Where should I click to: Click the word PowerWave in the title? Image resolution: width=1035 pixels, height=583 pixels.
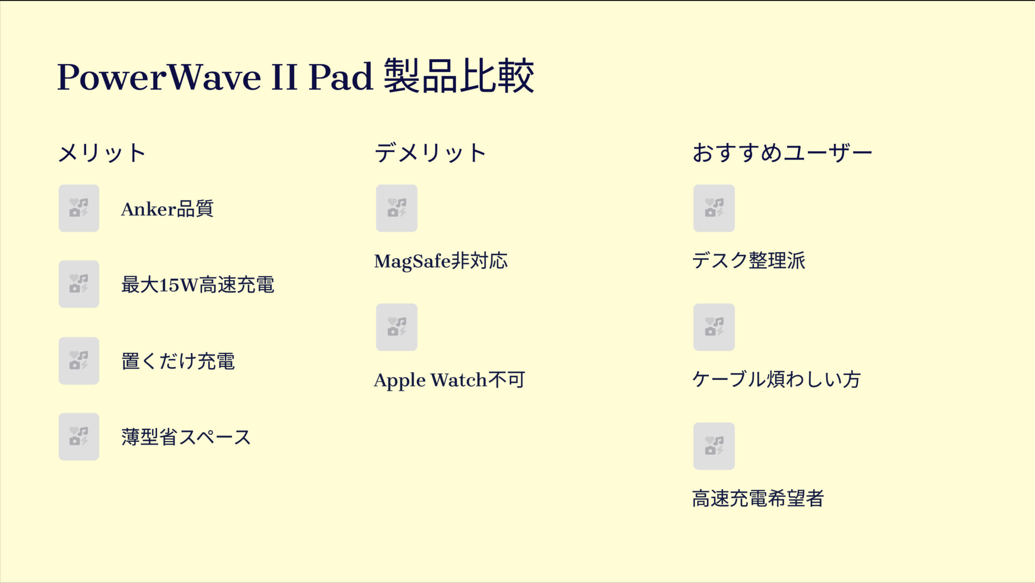[159, 77]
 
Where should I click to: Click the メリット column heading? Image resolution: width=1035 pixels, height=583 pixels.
[102, 153]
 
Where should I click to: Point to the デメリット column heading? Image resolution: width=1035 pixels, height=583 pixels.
[430, 153]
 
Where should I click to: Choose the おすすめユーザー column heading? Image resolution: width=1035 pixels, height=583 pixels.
[782, 153]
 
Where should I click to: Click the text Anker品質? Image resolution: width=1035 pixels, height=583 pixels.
[167, 209]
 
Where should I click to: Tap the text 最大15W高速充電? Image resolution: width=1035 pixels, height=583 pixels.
[198, 284]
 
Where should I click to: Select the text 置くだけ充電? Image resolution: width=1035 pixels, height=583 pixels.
[178, 361]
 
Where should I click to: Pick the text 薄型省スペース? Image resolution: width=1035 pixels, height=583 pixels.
[187, 437]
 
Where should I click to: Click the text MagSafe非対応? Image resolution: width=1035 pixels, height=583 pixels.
[441, 261]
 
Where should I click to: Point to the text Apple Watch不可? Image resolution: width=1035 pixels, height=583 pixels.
[450, 380]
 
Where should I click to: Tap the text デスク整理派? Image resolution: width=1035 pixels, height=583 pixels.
[749, 261]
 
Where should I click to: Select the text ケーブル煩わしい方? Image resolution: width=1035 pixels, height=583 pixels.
[776, 380]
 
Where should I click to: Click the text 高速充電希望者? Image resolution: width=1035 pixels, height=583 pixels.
[758, 499]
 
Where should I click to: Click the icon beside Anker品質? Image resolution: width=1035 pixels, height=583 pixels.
[79, 209]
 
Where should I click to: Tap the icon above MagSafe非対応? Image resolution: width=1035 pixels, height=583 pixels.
[397, 209]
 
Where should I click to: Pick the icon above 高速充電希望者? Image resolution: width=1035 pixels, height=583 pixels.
[714, 446]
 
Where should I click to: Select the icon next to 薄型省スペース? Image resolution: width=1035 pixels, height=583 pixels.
[79, 437]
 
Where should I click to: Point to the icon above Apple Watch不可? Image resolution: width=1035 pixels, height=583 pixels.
[397, 327]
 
